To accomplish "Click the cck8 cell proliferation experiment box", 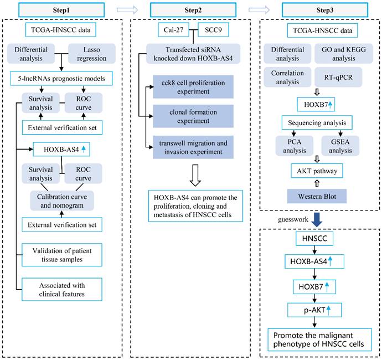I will [191, 87].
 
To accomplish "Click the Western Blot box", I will [318, 196].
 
